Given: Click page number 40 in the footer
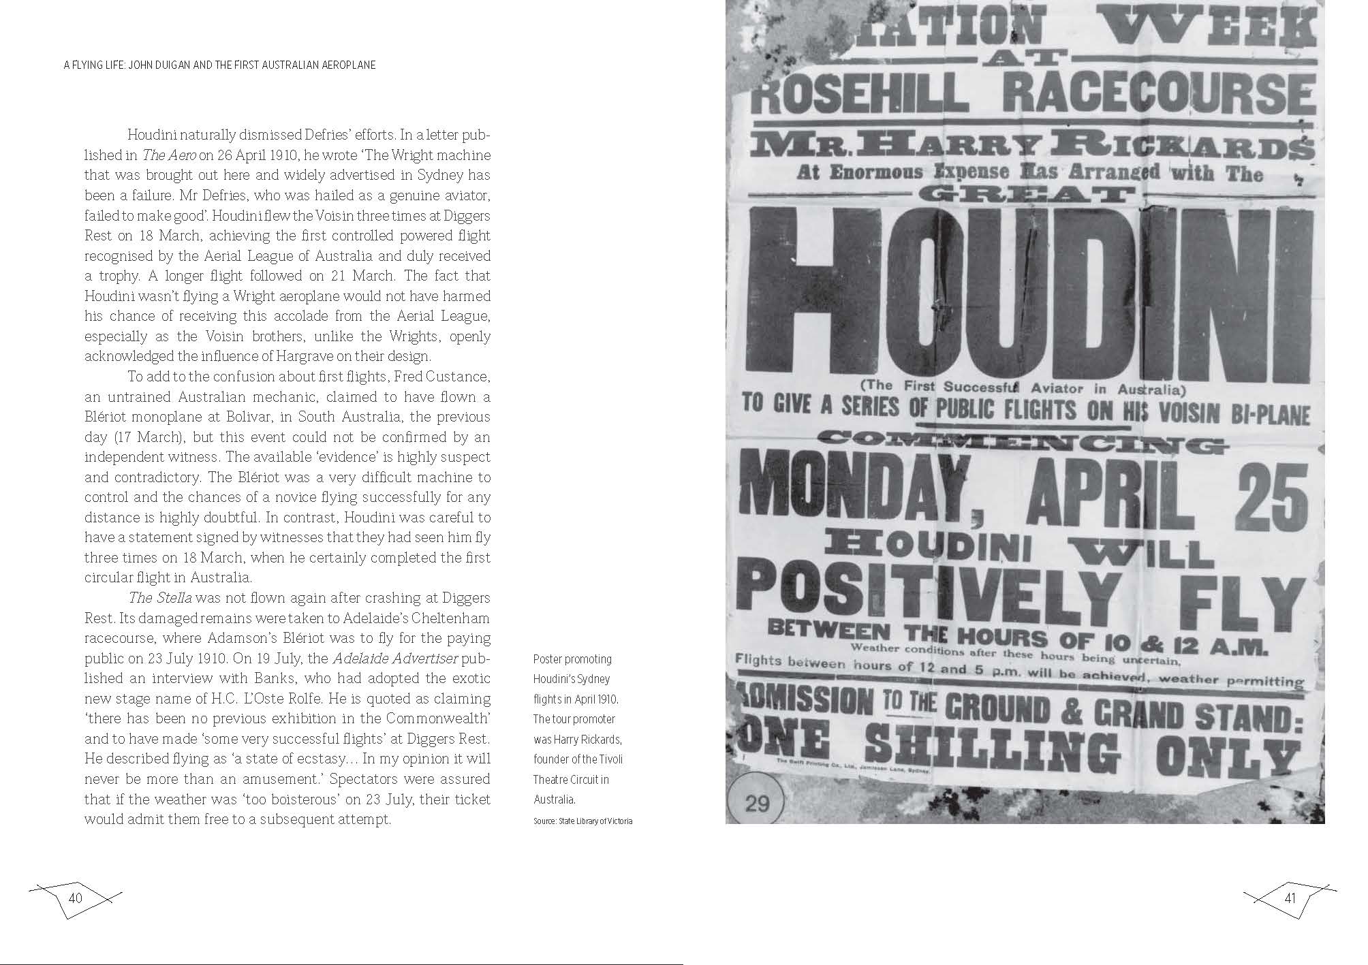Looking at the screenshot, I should (75, 898).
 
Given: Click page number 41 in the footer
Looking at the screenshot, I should (1290, 898).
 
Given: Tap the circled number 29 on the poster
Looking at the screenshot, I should (757, 804).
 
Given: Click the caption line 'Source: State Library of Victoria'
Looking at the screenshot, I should (582, 821).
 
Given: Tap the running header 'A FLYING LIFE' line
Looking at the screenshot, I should (219, 65).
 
